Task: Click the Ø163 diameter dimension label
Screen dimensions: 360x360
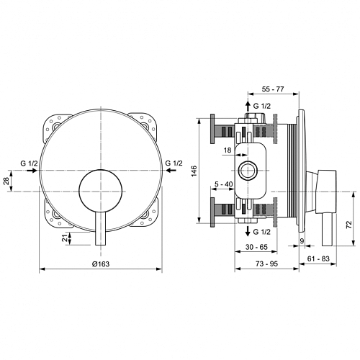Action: point(101,264)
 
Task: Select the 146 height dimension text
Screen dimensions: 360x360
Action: point(194,171)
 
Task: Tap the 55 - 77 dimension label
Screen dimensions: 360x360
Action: point(273,89)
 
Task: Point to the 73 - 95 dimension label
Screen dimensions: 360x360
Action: point(266,264)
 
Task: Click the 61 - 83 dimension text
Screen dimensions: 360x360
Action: point(318,258)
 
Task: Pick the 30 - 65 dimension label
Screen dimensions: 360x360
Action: point(256,247)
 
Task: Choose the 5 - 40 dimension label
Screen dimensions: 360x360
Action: point(224,184)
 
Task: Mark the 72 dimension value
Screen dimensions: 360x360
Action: point(349,224)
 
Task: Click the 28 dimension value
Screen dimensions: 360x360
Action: point(7,181)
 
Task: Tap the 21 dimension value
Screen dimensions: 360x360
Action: point(64,238)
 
